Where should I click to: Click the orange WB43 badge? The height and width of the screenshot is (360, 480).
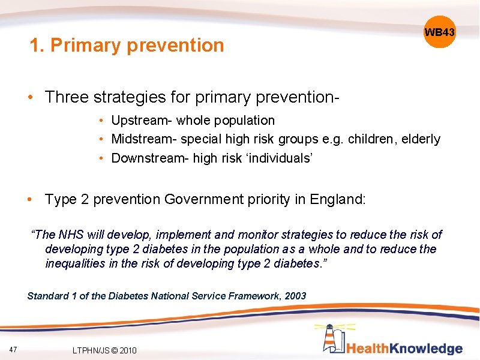tap(439, 32)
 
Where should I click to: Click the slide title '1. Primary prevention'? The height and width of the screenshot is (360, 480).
tap(127, 45)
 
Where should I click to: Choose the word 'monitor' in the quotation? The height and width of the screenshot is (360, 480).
tap(260, 235)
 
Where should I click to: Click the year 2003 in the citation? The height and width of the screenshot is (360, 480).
tap(295, 296)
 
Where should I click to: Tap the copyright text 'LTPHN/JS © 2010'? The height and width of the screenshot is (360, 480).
tap(104, 350)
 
